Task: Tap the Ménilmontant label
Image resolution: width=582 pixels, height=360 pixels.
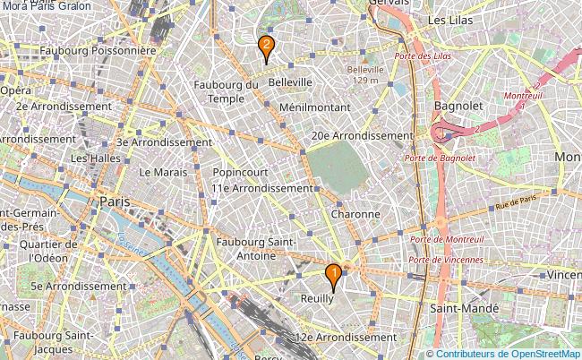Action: (313, 106)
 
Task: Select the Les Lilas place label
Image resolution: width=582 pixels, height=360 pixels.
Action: (449, 19)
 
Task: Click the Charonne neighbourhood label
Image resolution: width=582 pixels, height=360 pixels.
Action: (355, 214)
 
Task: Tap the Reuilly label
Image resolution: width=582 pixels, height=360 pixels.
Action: (318, 299)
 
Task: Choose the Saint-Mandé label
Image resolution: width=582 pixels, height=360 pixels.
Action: (462, 307)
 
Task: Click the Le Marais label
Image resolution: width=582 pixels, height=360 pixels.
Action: (163, 171)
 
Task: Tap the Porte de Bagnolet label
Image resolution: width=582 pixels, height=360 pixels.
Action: (439, 158)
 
